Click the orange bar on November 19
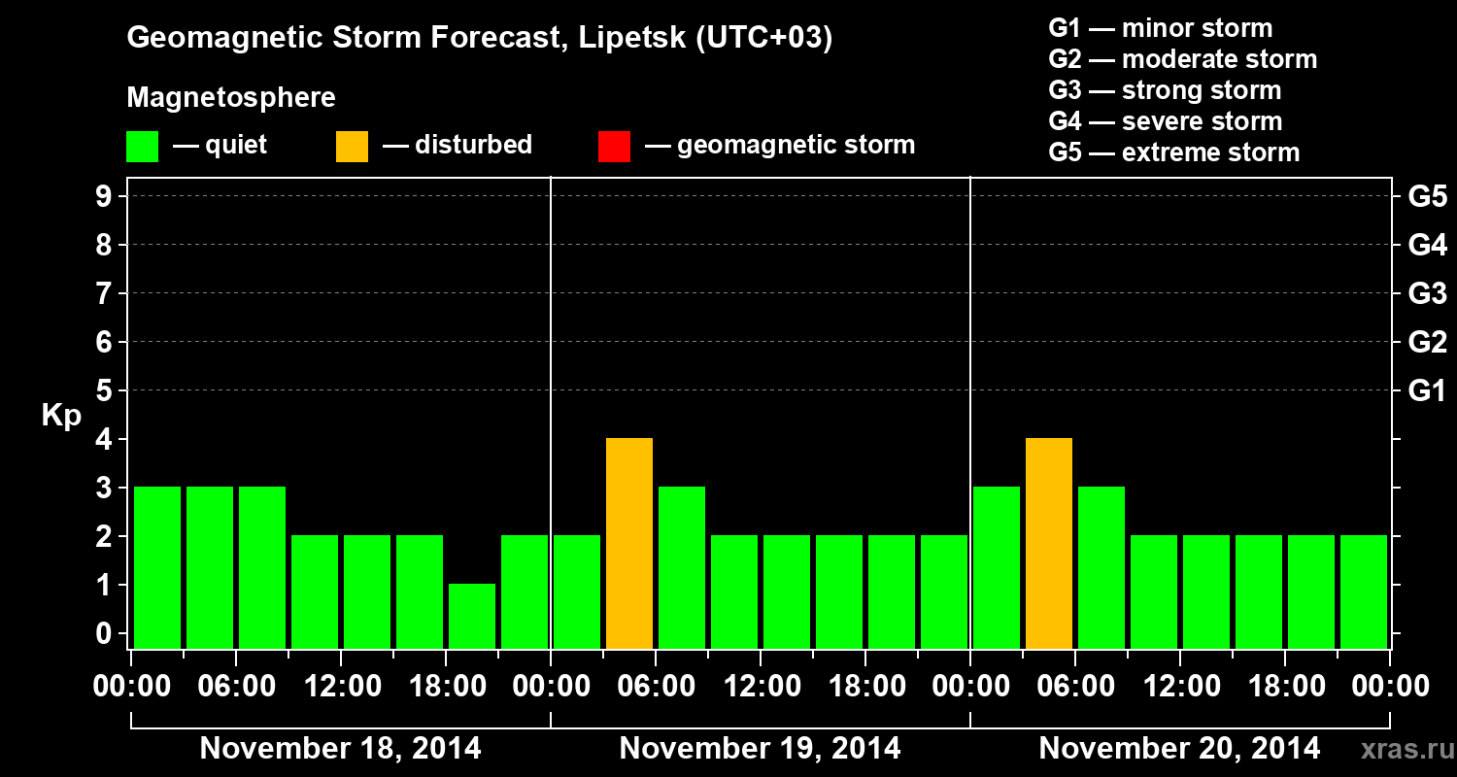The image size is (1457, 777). coord(629,543)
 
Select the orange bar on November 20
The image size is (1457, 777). coord(1049,543)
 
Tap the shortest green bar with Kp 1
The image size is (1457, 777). coord(472,616)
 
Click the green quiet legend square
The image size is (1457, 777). coord(143,147)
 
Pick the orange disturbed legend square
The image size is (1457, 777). coord(352,147)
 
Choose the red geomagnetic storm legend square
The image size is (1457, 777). coord(614,147)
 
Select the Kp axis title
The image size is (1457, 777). coord(61,416)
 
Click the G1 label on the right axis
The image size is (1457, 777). coord(1427,391)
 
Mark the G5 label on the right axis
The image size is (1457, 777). coord(1427,197)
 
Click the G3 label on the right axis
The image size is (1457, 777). coord(1427,293)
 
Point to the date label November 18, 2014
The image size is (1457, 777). coord(340,749)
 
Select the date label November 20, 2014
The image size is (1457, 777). coord(1179,749)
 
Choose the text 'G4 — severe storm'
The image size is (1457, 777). coord(1166,121)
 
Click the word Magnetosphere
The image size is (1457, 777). coord(231,98)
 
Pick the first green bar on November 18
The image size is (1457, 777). coord(157,567)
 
